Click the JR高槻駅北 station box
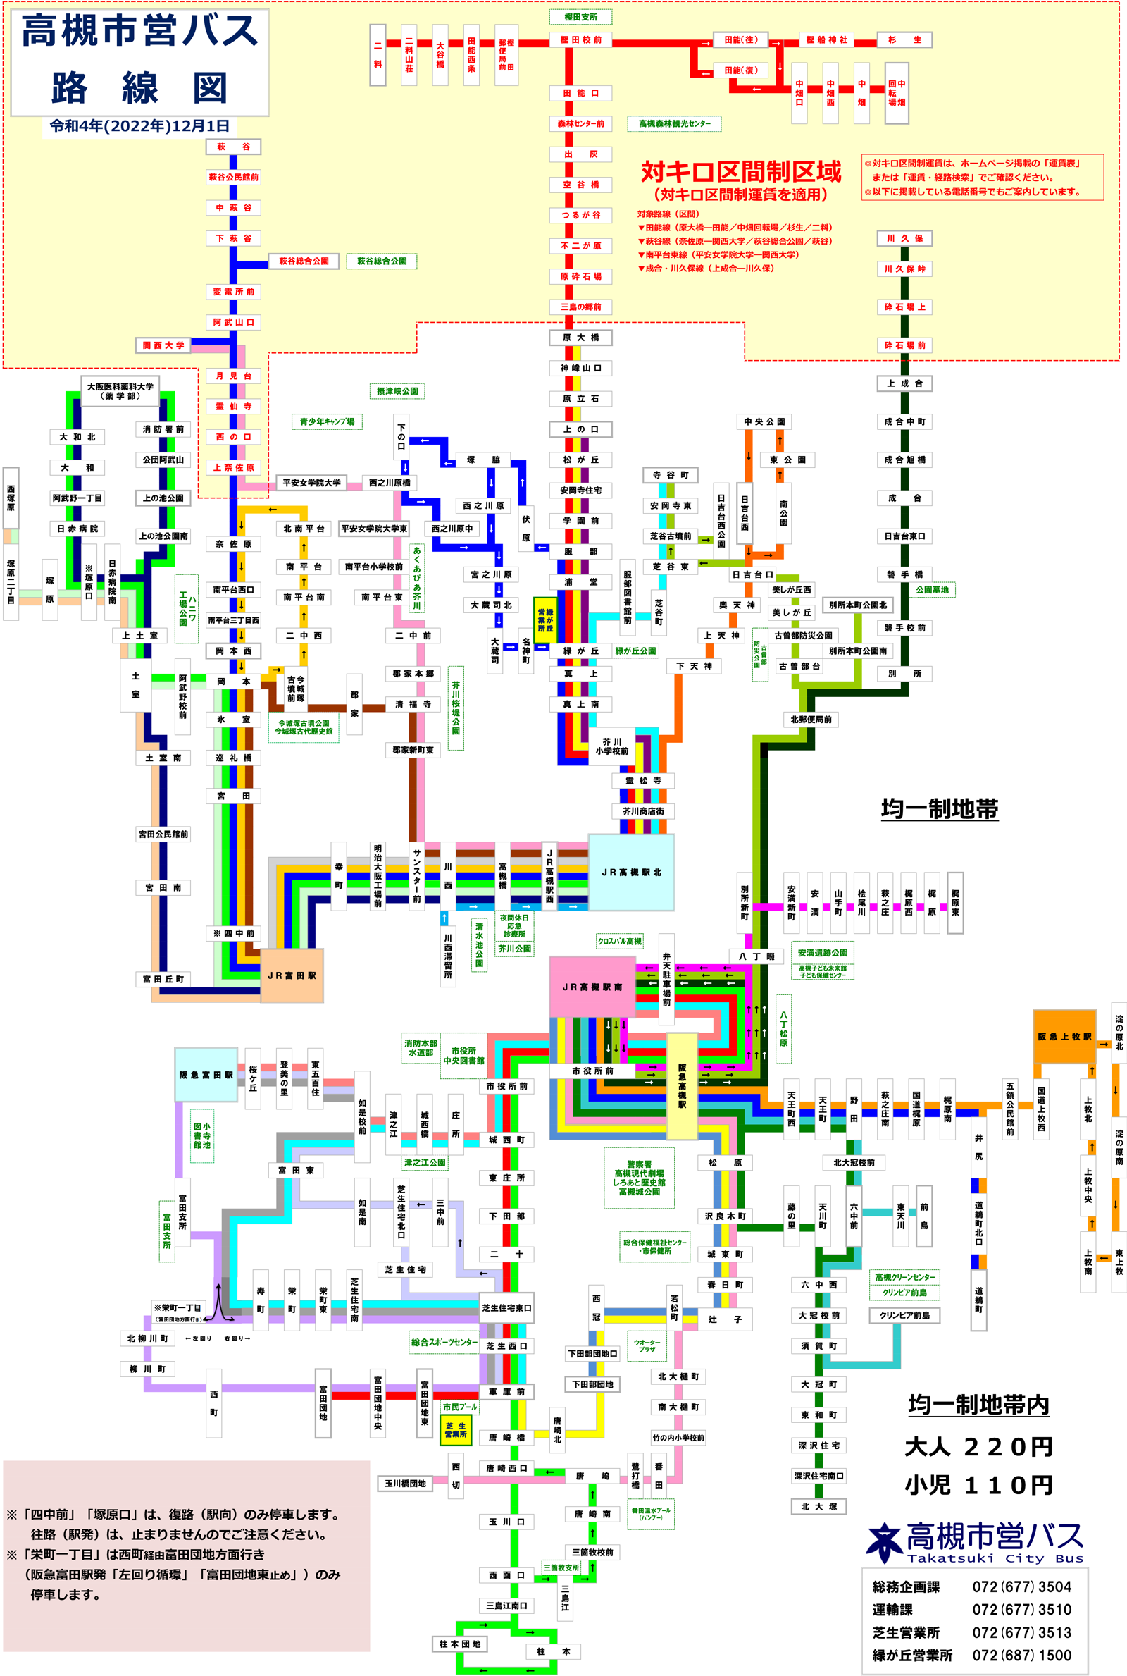[631, 872]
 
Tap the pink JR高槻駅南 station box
[592, 987]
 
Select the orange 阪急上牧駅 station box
[1064, 1036]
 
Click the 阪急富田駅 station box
[206, 1075]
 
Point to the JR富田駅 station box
[291, 975]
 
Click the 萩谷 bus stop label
[233, 147]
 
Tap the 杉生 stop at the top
[904, 40]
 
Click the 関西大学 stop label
[163, 345]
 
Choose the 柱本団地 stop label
[460, 1644]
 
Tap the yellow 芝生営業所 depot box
[455, 1430]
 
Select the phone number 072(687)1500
[1021, 1655]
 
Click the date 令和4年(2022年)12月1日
[139, 126]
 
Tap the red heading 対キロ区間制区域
[740, 172]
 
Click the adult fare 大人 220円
[978, 1447]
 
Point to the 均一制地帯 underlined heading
[940, 809]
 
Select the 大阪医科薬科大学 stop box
[120, 391]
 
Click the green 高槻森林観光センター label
[674, 123]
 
